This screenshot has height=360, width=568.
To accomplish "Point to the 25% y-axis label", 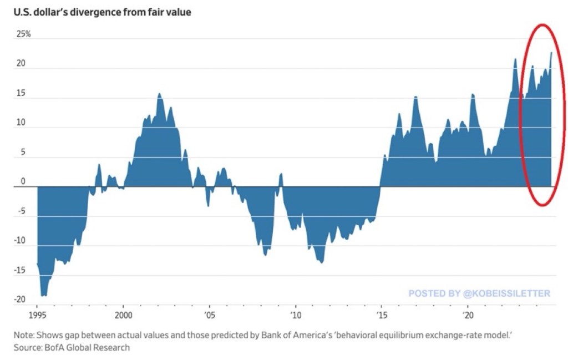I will pos(23,34).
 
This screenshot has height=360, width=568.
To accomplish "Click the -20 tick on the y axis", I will pos(21,300).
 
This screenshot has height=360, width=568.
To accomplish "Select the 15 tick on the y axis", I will pos(21,94).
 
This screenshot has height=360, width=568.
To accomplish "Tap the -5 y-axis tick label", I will pos(21,212).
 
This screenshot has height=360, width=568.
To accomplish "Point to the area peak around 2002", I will pos(159,94).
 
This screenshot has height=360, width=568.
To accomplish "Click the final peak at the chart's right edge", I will pos(551,53).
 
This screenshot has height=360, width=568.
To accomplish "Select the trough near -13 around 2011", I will pos(322,262).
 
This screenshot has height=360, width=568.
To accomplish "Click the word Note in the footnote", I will pos(24,336).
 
